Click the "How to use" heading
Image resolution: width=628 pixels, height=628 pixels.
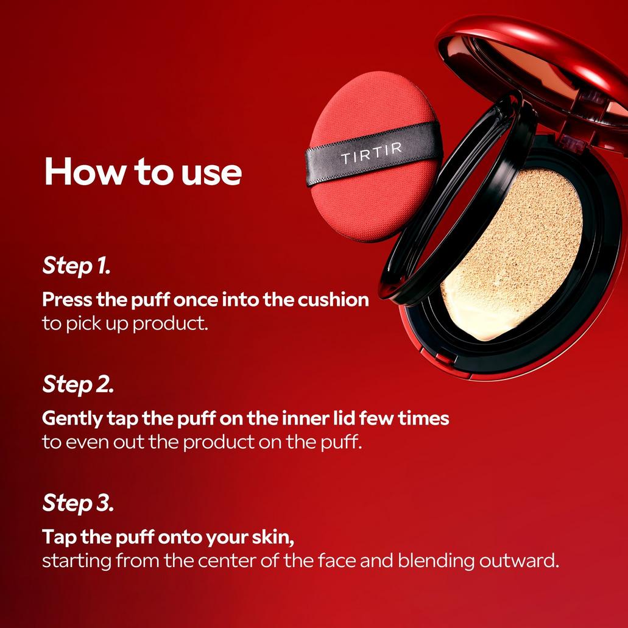click(x=143, y=172)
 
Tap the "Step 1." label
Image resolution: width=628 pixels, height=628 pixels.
click(x=76, y=266)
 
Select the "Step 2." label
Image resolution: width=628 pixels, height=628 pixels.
click(x=77, y=384)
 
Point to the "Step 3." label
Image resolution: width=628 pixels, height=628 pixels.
click(x=77, y=503)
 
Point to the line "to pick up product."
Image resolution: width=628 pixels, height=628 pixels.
click(x=125, y=323)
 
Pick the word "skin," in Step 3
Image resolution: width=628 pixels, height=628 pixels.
click(x=271, y=538)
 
